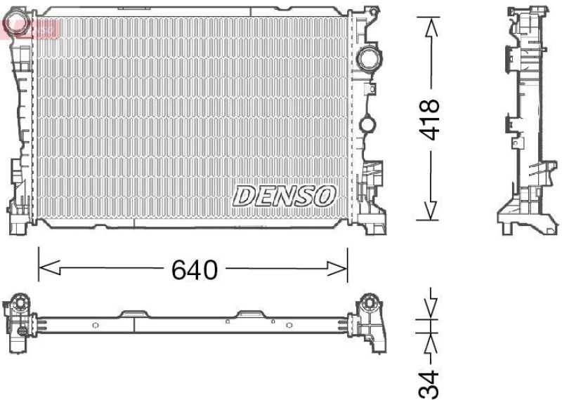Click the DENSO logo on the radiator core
tap(285, 196)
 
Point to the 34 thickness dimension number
tap(431, 383)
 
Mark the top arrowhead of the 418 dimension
tap(430, 27)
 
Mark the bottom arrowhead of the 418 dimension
tap(430, 210)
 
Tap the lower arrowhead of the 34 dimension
tap(430, 344)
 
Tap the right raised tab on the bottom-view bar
tap(249, 313)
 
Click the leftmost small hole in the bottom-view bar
tap(96, 325)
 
